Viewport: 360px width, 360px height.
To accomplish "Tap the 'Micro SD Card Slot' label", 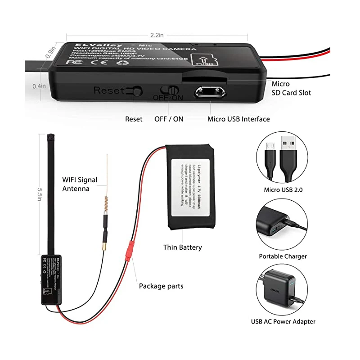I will point(291,88).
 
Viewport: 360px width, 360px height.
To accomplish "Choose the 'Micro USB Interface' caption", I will point(238,119).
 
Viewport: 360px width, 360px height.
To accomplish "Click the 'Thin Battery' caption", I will point(182,247).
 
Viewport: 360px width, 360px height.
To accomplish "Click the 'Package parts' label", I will point(161,286).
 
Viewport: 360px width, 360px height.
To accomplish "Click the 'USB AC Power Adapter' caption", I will point(283,322).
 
